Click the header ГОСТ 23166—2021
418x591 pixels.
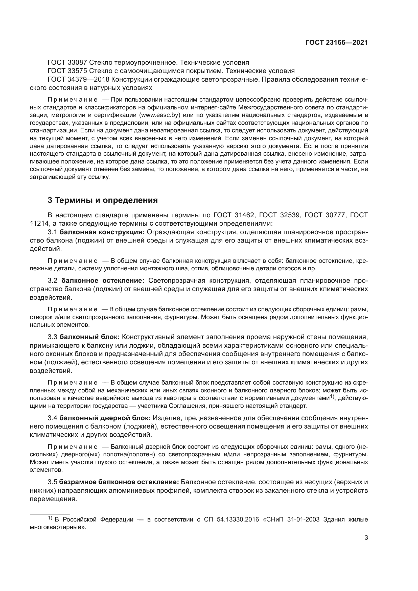[336, 43]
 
